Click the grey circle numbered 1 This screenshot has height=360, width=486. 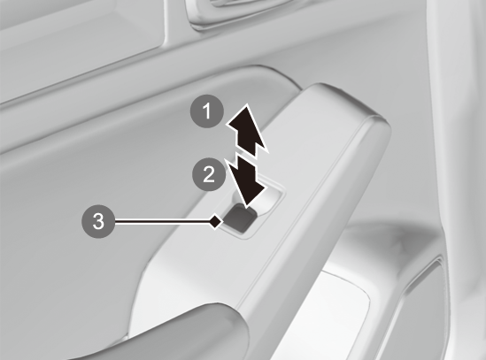point(207,111)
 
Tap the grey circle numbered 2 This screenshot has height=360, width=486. point(209,174)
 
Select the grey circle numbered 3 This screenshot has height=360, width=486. point(98,221)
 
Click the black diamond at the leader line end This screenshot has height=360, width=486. point(216,221)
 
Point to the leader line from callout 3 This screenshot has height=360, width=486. point(162,221)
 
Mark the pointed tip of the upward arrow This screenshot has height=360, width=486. point(247,104)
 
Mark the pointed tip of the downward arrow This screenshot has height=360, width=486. point(247,207)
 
